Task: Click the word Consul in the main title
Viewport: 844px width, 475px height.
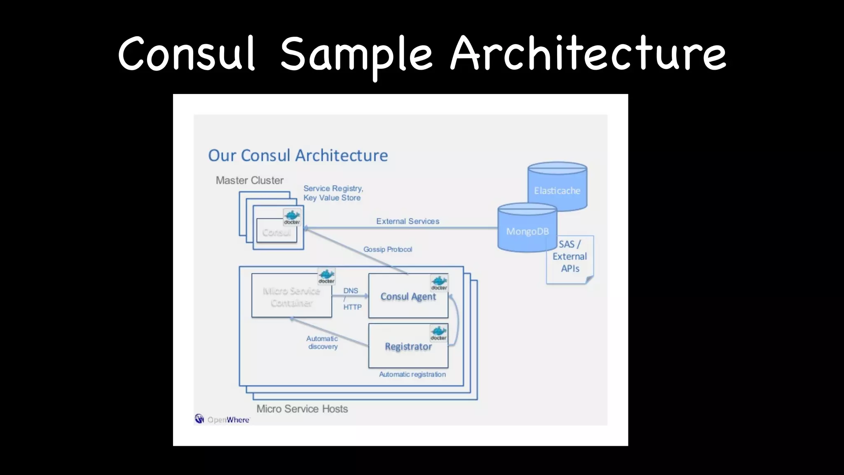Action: click(186, 54)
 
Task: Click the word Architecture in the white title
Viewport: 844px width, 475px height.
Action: click(588, 54)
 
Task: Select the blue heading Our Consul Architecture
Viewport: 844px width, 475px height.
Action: click(298, 155)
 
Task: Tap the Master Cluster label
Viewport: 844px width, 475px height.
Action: click(249, 180)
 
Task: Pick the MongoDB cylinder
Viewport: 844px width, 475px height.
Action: click(527, 230)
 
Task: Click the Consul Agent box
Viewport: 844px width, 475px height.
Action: click(408, 297)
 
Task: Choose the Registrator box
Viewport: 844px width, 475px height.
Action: click(408, 347)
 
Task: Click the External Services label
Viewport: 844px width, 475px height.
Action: click(408, 221)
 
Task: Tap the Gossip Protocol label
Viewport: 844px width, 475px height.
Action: click(387, 249)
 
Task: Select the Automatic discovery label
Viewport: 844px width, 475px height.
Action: click(322, 342)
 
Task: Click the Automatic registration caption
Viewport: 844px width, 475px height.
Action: click(412, 374)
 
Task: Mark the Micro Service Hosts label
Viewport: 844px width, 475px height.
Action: click(302, 409)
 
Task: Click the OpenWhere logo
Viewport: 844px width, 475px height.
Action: click(222, 419)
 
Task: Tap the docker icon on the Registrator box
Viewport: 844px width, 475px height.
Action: click(438, 333)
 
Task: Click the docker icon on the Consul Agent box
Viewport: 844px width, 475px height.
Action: click(439, 283)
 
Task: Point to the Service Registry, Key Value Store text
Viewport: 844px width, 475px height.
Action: click(333, 193)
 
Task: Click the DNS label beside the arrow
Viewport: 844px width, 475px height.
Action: click(351, 291)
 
